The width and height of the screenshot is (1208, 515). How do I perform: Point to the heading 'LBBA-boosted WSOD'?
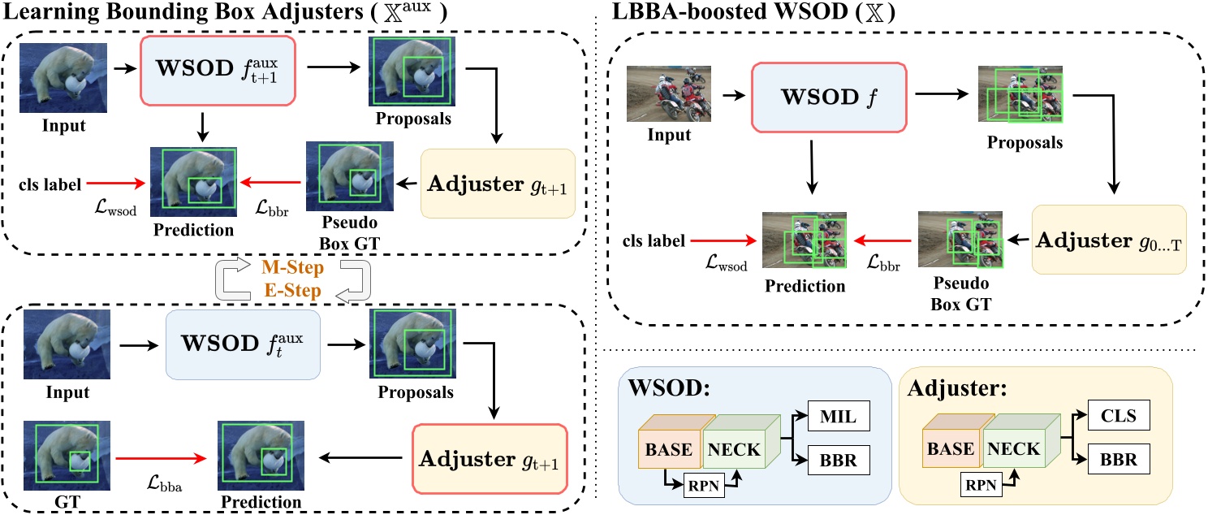(x=710, y=14)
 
